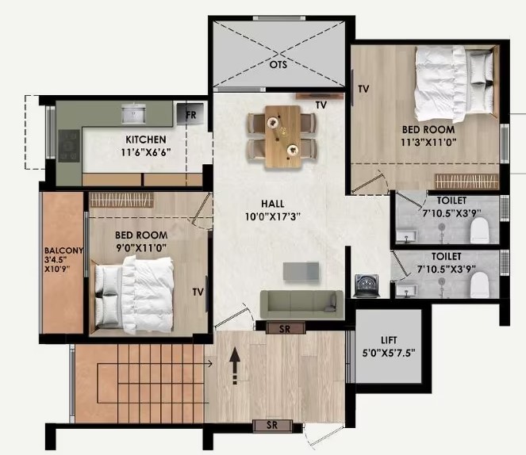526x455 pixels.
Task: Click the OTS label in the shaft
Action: click(278, 64)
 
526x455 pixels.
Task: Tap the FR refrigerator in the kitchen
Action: click(190, 113)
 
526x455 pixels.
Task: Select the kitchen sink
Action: click(133, 113)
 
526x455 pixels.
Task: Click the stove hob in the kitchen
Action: click(69, 146)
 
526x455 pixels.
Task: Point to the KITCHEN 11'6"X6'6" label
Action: click(146, 146)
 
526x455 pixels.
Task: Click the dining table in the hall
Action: click(282, 136)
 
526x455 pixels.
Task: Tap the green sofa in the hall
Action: click(302, 304)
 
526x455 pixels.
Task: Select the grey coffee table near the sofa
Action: click(301, 271)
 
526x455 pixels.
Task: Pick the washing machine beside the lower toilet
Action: click(367, 286)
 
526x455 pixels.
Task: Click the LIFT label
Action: click(389, 340)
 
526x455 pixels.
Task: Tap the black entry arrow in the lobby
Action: click(235, 365)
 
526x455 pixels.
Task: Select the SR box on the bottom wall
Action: click(272, 425)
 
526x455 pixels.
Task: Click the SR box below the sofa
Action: click(285, 328)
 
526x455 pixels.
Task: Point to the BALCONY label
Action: click(63, 250)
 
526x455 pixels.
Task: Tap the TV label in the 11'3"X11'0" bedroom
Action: click(363, 89)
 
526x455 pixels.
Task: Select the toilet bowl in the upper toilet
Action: click(479, 230)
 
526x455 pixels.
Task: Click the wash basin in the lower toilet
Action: click(406, 290)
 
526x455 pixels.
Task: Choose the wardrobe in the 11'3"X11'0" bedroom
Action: click(466, 182)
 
